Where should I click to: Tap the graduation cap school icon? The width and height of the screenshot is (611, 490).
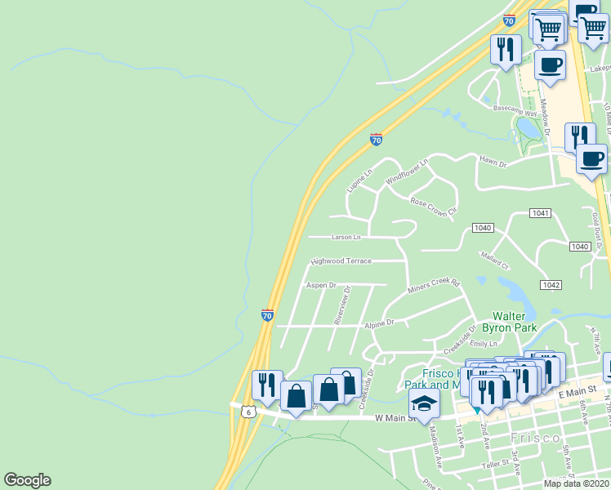[x=424, y=403]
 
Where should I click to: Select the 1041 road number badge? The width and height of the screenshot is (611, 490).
[x=540, y=213]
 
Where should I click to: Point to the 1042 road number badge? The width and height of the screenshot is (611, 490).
[x=551, y=284]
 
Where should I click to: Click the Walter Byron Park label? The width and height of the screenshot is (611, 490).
[x=515, y=322]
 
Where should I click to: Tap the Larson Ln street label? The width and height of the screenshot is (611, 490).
[x=346, y=238]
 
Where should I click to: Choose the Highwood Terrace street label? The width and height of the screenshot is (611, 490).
[x=341, y=261]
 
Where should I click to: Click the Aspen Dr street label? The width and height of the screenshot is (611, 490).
[x=321, y=285]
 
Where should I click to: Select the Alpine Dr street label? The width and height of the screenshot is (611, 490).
[x=379, y=323]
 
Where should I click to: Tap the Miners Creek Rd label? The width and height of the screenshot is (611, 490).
[x=434, y=287]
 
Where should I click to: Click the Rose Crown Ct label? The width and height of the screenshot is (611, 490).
[x=433, y=205]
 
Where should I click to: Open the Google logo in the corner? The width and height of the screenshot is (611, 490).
[x=27, y=480]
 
